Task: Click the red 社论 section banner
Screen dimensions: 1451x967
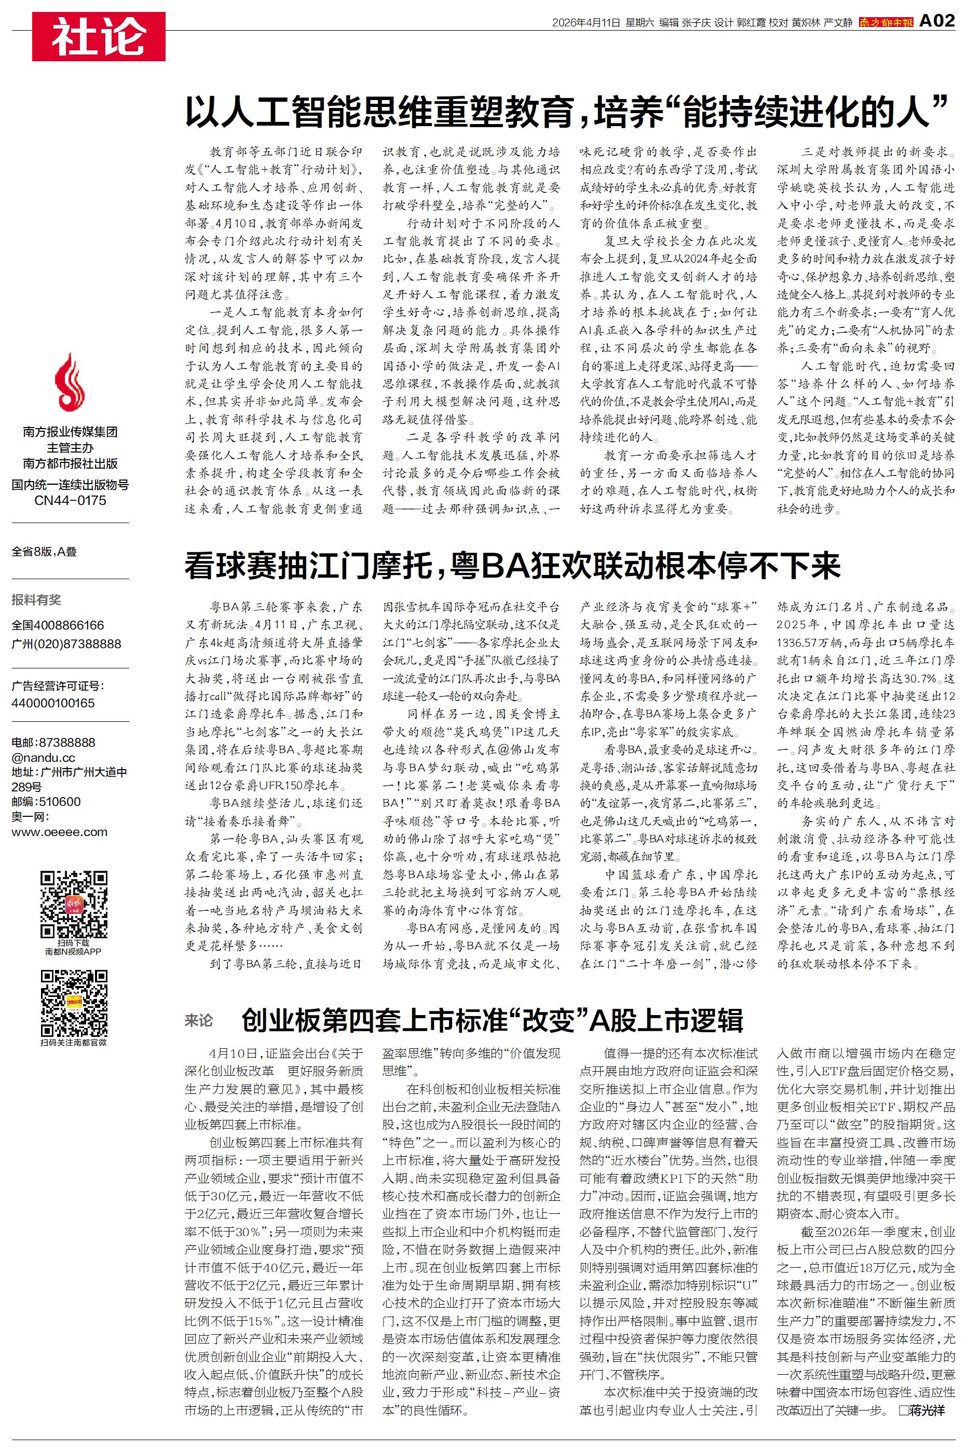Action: pos(99,36)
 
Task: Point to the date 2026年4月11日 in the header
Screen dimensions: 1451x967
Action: pos(585,23)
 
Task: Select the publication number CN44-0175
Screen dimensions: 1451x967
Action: pos(70,500)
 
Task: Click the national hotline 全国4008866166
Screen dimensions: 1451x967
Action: pos(58,625)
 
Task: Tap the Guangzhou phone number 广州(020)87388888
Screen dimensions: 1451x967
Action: pos(66,644)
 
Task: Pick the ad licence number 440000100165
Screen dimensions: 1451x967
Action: pos(53,703)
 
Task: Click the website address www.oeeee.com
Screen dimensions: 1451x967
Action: pos(59,831)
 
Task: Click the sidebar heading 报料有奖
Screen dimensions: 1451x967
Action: pos(36,600)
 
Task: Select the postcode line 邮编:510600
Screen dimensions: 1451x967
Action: pos(46,801)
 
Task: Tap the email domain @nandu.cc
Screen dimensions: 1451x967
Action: pos(43,758)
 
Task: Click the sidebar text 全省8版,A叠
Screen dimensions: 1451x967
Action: pos(45,552)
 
